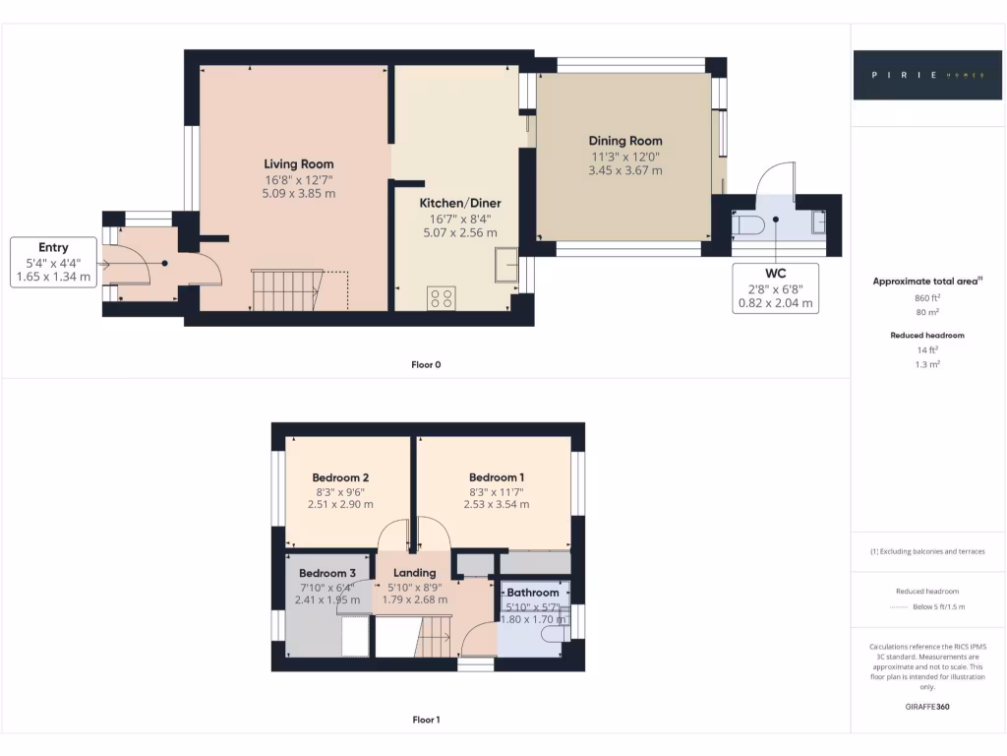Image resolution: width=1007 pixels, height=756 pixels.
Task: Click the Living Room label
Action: [x=298, y=164]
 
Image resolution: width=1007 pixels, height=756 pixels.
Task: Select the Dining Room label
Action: [x=625, y=141]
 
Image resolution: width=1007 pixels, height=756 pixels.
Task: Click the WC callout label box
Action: [x=776, y=287]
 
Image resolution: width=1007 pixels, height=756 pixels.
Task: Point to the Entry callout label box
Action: [x=53, y=262]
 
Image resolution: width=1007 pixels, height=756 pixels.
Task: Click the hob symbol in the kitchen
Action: [x=441, y=297]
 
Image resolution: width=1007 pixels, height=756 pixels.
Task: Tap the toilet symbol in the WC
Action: [x=749, y=225]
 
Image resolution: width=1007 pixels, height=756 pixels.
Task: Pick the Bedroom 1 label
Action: [x=496, y=476]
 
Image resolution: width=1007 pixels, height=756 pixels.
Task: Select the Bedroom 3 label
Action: [x=327, y=573]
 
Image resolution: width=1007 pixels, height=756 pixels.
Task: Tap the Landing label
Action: [x=414, y=573]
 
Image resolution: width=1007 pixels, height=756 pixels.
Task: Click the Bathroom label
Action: [x=533, y=593]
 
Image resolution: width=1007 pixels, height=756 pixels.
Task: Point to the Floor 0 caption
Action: [x=426, y=364]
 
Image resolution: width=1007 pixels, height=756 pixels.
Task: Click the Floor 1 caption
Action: [x=426, y=720]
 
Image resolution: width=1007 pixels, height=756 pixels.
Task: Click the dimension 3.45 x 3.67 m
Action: [x=625, y=170]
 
